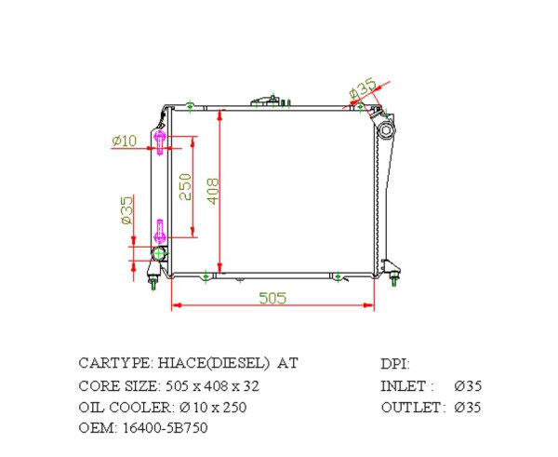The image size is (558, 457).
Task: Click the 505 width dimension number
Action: pos(272,298)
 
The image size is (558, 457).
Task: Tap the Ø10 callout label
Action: pos(124,141)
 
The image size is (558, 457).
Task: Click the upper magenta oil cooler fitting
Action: pos(162,141)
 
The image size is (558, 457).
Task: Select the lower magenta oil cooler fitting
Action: pos(160,229)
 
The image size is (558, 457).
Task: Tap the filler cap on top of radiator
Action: pos(265,99)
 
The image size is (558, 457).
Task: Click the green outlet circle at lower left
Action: pos(159,253)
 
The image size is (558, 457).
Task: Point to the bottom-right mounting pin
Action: pos(395,276)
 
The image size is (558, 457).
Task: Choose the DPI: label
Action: pos(394,364)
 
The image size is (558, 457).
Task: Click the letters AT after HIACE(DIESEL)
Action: pos(288,363)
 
